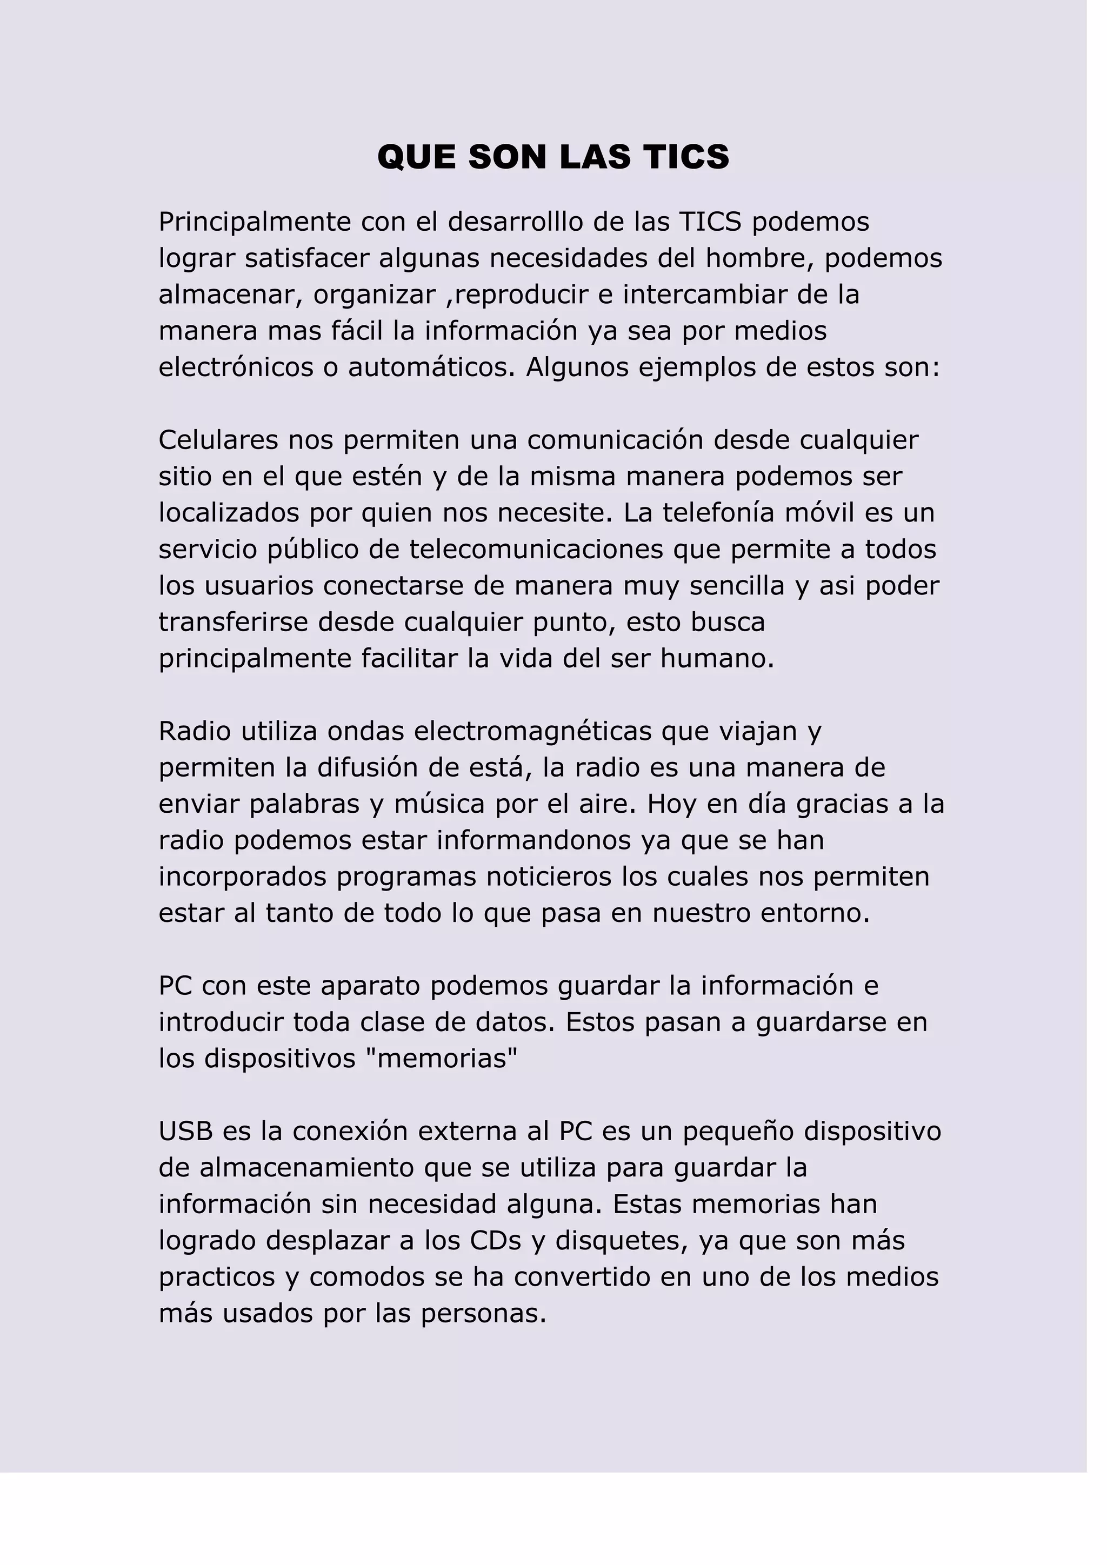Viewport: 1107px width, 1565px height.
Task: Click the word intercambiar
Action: click(x=721, y=295)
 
